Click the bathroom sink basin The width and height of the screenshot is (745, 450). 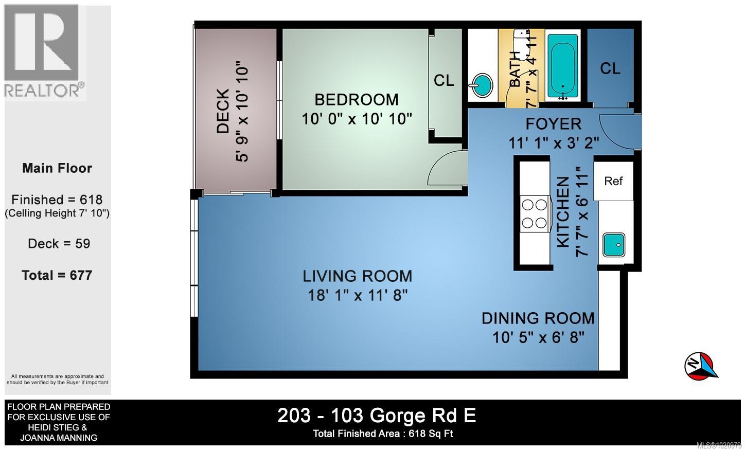[481, 86]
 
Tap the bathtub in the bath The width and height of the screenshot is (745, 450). [563, 65]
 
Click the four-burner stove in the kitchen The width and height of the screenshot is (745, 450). [534, 213]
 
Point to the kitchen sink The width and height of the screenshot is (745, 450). [614, 245]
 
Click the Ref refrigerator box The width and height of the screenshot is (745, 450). [613, 181]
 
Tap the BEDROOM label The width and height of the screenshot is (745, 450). [357, 99]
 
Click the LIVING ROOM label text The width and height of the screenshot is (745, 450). [357, 276]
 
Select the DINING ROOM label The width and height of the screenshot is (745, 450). [538, 318]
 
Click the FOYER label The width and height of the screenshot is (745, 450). [553, 124]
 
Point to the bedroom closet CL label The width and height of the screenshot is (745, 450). [444, 80]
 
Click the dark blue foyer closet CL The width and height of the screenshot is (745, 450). [610, 68]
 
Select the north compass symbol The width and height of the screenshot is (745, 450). [700, 367]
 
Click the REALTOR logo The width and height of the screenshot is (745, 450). [44, 51]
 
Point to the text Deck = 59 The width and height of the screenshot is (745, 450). [59, 243]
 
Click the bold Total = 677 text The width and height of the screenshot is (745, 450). [57, 275]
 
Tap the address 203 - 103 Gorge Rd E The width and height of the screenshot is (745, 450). [377, 415]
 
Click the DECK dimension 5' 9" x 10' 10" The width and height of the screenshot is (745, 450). [242, 113]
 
